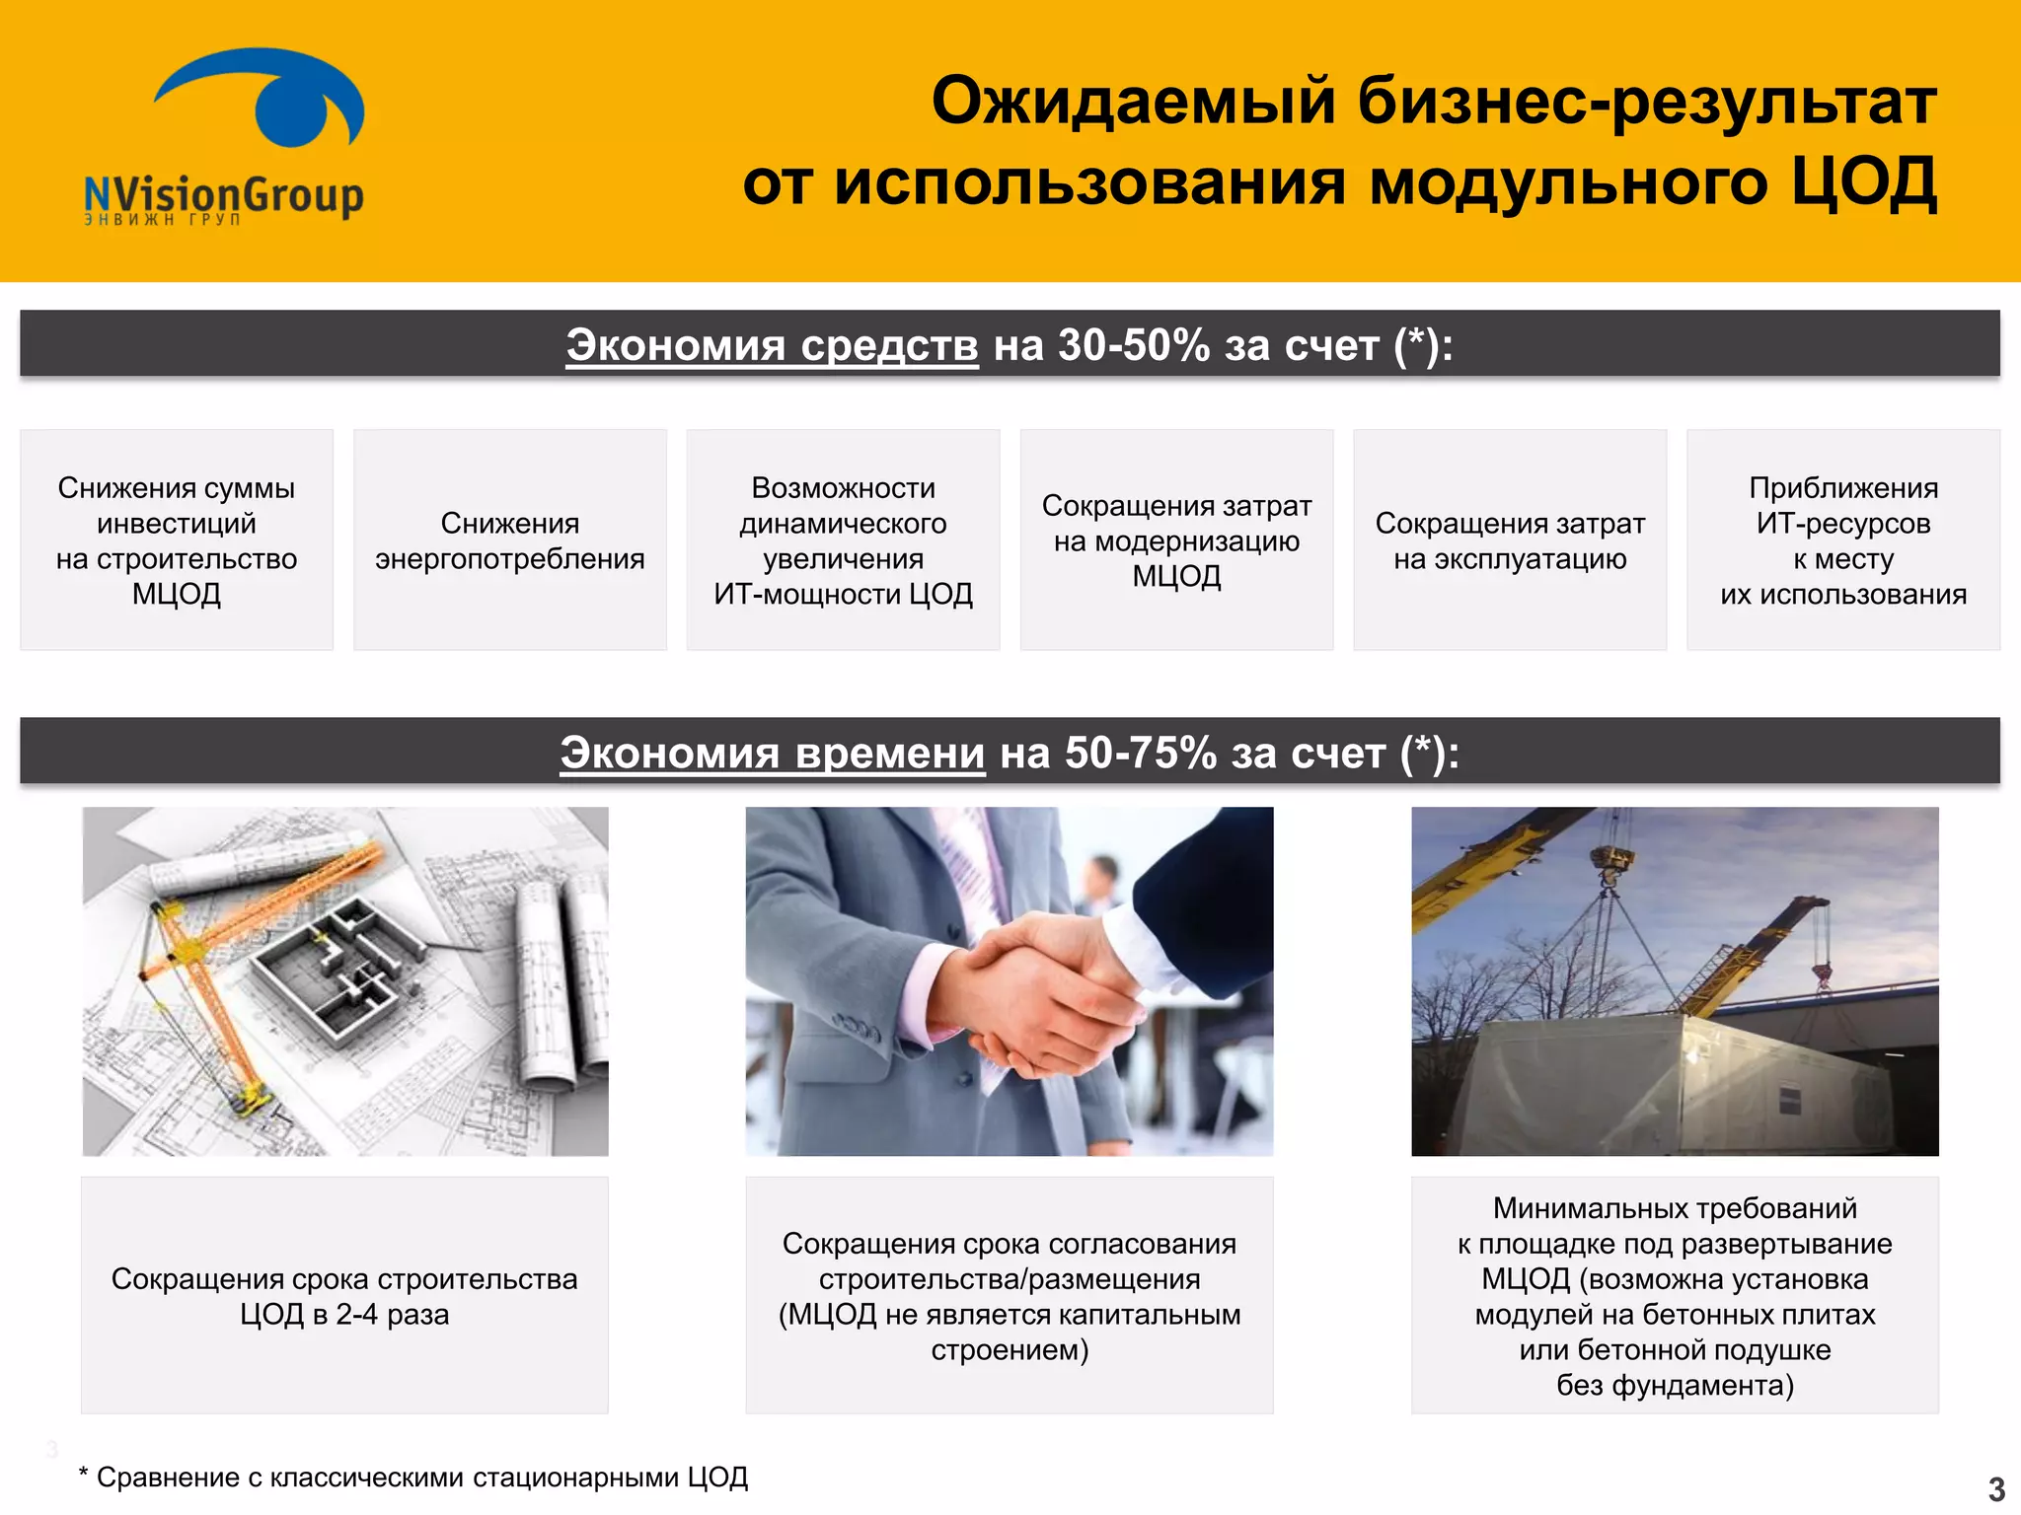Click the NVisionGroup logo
pos(225,138)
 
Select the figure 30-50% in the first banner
pos(1134,345)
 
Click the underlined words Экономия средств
pos(772,345)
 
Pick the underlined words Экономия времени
pos(772,753)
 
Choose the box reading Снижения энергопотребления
pos(510,541)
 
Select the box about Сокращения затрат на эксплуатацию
pos(1510,541)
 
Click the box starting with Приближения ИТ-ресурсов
pos(1843,541)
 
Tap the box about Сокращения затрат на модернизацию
pos(1176,541)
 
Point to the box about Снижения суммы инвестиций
pos(177,541)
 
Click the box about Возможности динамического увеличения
pos(843,541)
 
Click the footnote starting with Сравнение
pos(414,1478)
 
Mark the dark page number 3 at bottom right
pos(1996,1488)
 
